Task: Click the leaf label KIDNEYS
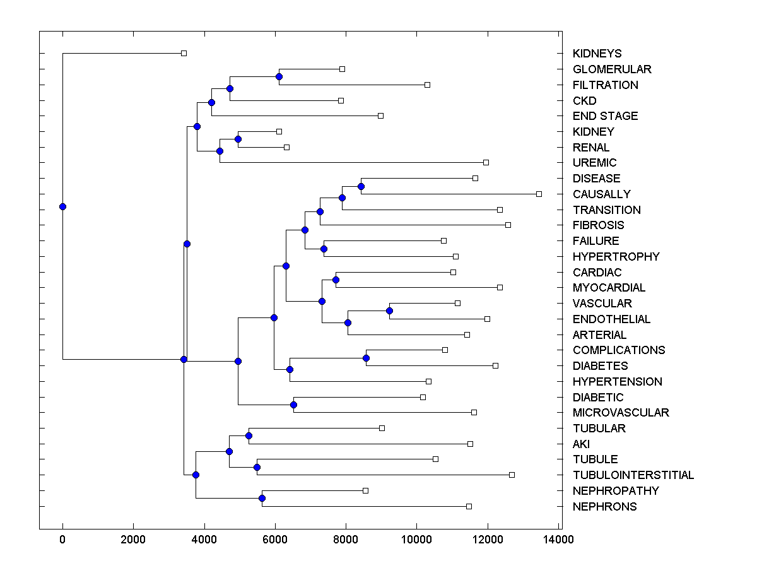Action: point(597,54)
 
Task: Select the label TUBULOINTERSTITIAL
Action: point(633,475)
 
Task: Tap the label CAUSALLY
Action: point(601,194)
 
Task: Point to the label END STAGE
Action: point(605,116)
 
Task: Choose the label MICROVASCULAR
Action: point(621,413)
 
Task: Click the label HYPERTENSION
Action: point(617,382)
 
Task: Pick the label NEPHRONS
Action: point(604,507)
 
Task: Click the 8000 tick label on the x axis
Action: point(346,540)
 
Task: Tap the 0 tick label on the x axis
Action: point(62,540)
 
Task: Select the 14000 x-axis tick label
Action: point(558,540)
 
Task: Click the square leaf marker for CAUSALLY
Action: point(539,194)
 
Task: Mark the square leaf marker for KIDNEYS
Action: point(184,53)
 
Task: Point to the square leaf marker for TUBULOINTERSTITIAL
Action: point(512,475)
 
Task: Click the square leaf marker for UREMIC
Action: point(486,162)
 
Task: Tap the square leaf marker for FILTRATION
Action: point(427,85)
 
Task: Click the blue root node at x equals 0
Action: point(62,206)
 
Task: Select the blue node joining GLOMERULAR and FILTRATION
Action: point(279,76)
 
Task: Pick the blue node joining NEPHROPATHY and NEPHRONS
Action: point(262,499)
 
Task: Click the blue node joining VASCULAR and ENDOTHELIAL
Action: point(389,311)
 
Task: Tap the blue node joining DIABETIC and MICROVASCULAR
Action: point(293,405)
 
